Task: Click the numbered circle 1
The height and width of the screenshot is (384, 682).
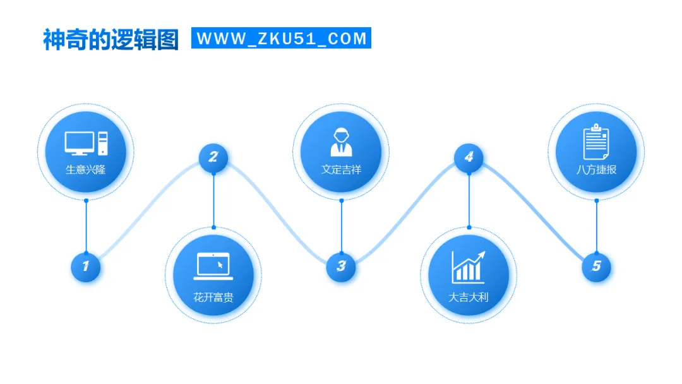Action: point(86,267)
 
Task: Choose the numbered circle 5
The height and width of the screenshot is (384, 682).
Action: point(597,267)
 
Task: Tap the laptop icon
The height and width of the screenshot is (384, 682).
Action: point(213,266)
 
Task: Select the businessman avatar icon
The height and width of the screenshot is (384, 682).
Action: point(341,141)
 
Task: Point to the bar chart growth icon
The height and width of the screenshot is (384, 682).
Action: point(469,267)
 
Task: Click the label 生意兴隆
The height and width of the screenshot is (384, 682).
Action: point(86,170)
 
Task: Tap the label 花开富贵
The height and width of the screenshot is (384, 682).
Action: point(213,297)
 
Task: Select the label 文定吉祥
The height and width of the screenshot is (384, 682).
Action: point(341,170)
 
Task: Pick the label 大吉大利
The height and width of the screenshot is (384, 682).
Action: point(469,297)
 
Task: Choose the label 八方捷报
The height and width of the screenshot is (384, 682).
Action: point(596,170)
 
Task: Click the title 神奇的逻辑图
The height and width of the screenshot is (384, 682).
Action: point(111,39)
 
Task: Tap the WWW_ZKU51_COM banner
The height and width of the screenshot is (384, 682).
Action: point(282,38)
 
